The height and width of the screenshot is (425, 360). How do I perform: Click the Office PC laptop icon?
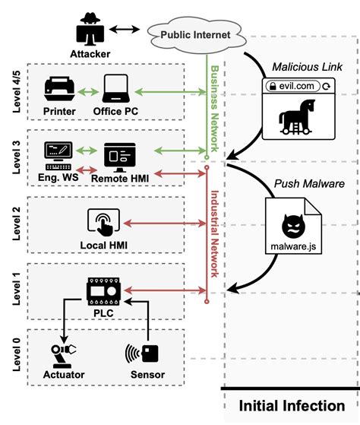[x=117, y=92]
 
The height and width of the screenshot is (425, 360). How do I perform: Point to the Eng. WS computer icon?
[x=58, y=155]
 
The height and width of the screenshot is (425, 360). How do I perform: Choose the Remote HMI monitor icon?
[x=118, y=156]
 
